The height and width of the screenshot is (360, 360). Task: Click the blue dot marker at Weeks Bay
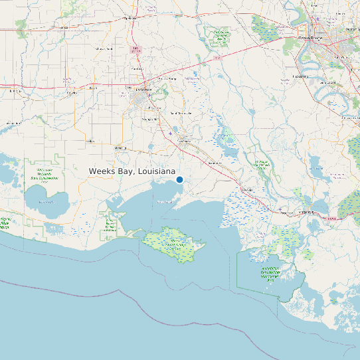click(x=179, y=179)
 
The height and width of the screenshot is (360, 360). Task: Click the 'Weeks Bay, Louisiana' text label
click(x=137, y=171)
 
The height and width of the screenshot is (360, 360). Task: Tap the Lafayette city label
click(x=144, y=90)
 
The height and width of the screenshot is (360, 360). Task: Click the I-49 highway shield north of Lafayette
click(x=137, y=50)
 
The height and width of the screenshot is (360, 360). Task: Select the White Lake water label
click(x=46, y=201)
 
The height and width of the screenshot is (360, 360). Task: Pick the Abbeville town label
click(x=120, y=147)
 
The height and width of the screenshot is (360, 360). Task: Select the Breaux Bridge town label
click(x=171, y=78)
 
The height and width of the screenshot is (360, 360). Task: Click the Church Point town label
click(x=104, y=48)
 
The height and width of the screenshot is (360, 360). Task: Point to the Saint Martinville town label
click(x=181, y=114)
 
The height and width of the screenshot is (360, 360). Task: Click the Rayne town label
click(x=93, y=87)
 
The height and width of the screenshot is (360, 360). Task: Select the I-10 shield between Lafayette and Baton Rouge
click(x=218, y=59)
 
